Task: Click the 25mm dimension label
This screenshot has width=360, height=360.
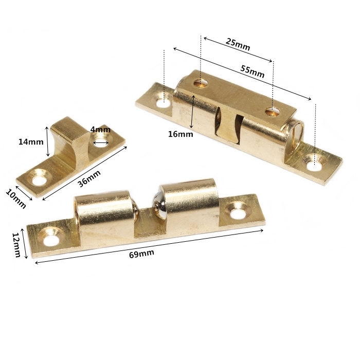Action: pyautogui.click(x=238, y=44)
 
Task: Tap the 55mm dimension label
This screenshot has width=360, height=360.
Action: pyautogui.click(x=253, y=71)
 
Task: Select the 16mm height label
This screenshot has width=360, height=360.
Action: pyautogui.click(x=181, y=134)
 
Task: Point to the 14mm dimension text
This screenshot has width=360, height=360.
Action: pyautogui.click(x=31, y=142)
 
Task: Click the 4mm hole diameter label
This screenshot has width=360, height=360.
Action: pyautogui.click(x=100, y=130)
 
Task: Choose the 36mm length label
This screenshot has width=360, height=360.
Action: pyautogui.click(x=89, y=178)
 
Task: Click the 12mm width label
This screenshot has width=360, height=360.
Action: pyautogui.click(x=16, y=245)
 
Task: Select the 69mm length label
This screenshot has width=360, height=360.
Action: pyautogui.click(x=141, y=254)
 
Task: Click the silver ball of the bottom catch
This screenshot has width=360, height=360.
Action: pyautogui.click(x=159, y=203)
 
